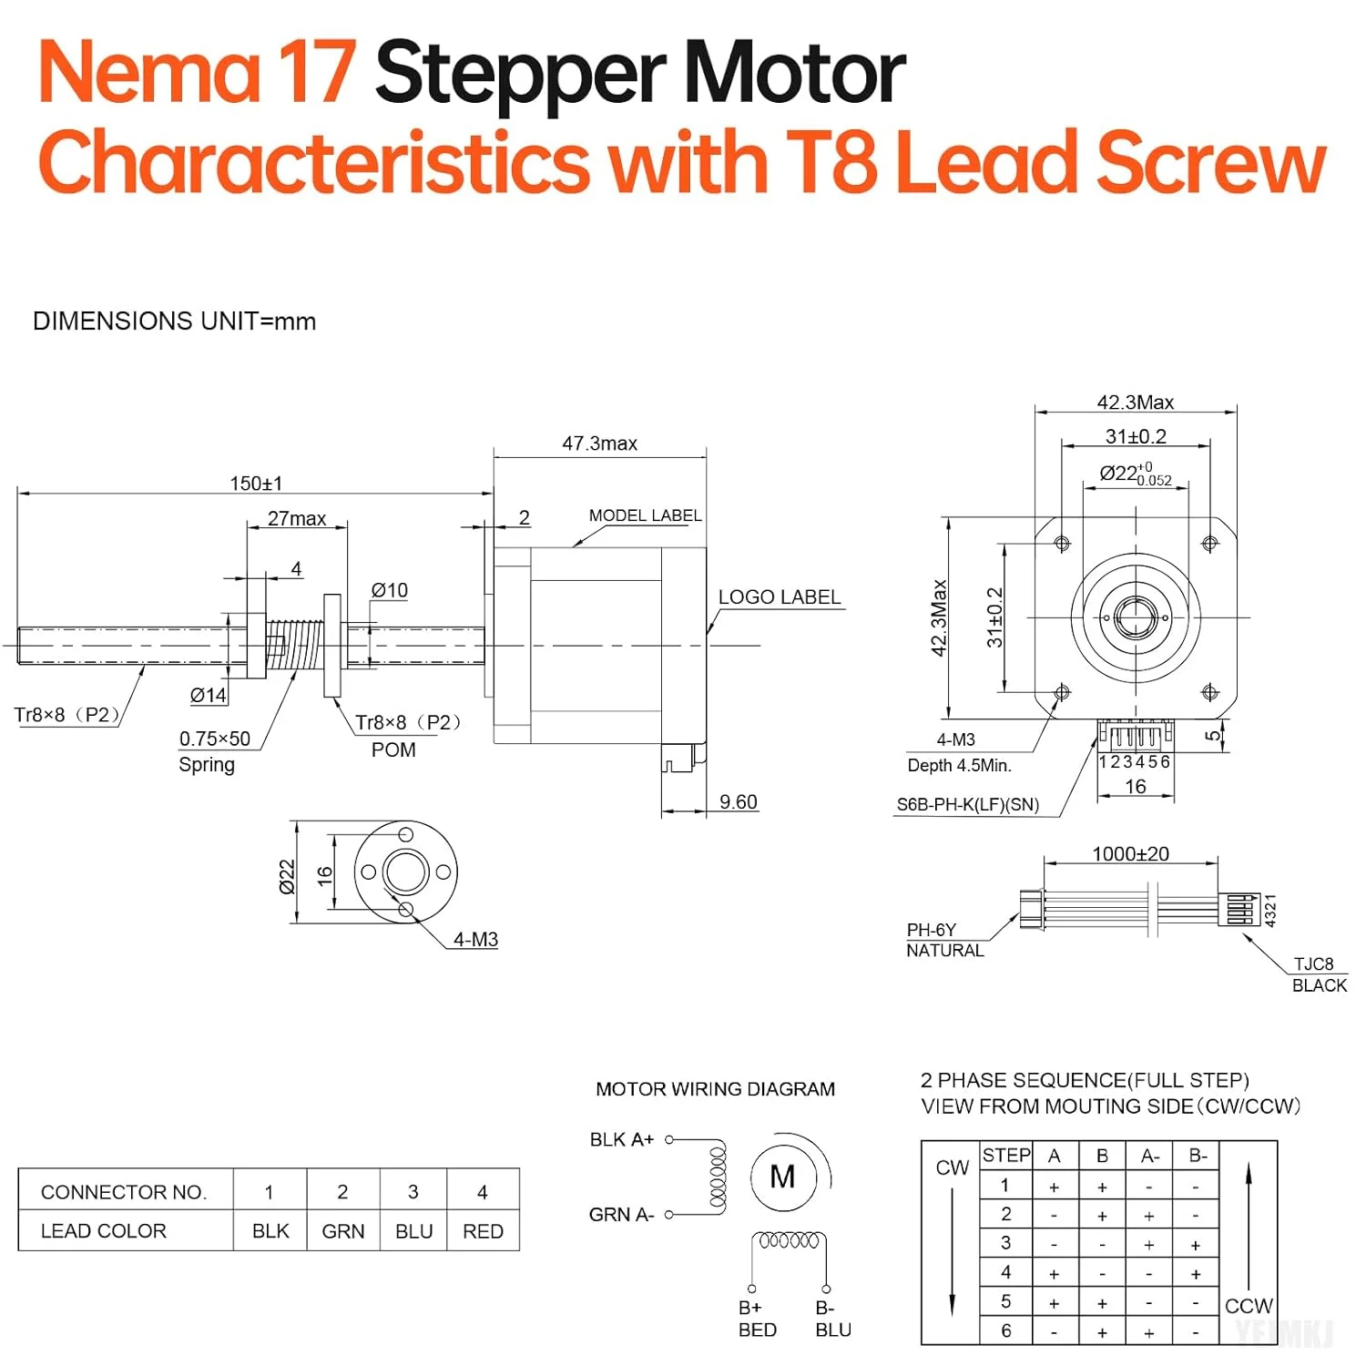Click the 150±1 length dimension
tap(256, 483)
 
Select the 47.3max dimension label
tap(599, 443)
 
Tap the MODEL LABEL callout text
tap(645, 515)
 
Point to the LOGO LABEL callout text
tap(779, 597)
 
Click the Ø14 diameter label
tap(208, 696)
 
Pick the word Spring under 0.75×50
tap(207, 765)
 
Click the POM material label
tap(393, 750)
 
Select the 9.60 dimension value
tap(738, 802)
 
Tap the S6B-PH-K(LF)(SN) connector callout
tap(967, 805)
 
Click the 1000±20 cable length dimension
tap(1130, 854)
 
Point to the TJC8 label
tap(1313, 964)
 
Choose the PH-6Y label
tap(931, 930)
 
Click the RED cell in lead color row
tap(483, 1231)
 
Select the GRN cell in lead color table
tap(343, 1231)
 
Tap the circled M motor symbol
tap(782, 1177)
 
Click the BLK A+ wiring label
tap(621, 1140)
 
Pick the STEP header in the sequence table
tap(1006, 1156)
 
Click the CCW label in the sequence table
tap(1249, 1306)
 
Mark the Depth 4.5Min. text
tap(959, 766)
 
